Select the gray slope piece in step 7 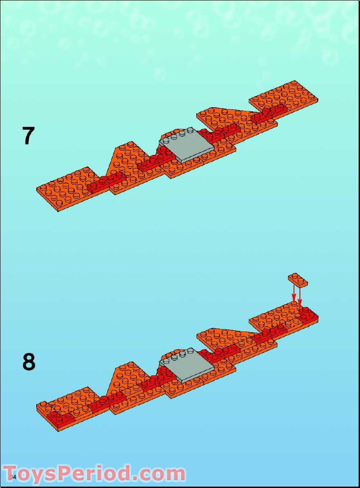[x=187, y=145]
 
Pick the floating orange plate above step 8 [x=298, y=279]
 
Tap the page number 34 [x=13, y=477]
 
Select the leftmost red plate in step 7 [x=106, y=182]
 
